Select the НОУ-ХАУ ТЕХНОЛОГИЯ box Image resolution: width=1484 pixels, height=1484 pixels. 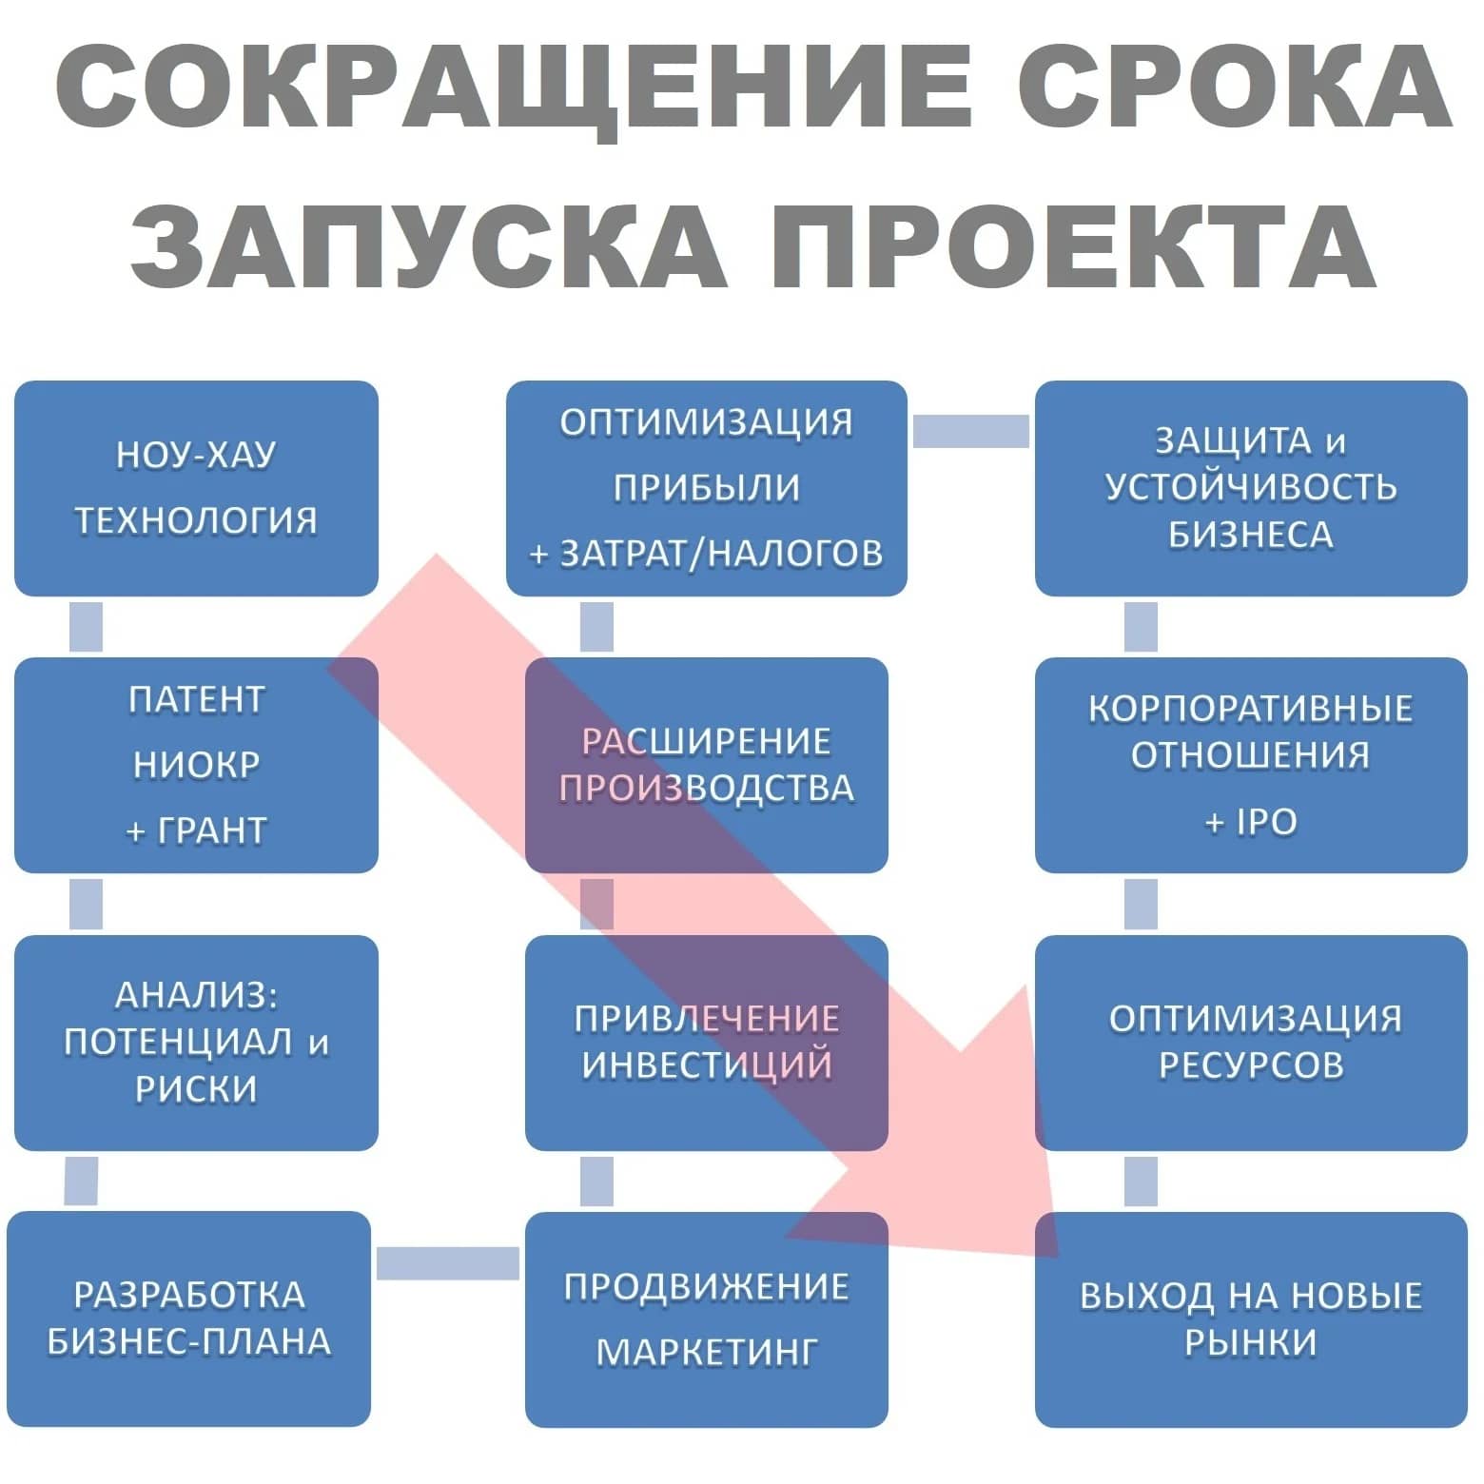coord(196,488)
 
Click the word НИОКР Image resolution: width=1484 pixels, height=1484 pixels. coord(196,765)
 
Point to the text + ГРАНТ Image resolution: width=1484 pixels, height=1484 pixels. coord(196,830)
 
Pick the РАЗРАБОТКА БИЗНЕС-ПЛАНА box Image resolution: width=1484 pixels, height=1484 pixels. coord(188,1318)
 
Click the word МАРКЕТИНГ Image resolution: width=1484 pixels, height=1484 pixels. coord(706,1352)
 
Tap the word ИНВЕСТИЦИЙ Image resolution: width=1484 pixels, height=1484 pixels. coord(706,1064)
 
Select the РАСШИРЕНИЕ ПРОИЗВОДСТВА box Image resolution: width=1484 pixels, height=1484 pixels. coord(706,765)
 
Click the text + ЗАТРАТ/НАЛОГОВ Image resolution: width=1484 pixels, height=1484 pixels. coord(706,553)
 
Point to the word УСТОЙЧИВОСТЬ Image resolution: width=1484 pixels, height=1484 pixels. coord(1250,487)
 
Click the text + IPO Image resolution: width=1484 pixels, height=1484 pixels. coord(1250,822)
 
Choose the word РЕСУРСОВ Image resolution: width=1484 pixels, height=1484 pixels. coord(1250,1064)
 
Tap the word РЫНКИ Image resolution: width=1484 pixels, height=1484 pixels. coord(1250,1342)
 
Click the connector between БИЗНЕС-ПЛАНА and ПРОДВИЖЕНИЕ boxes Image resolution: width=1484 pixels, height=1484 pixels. coord(447,1263)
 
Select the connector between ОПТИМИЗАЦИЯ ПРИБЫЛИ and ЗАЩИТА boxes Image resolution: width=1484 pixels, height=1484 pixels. coord(970,431)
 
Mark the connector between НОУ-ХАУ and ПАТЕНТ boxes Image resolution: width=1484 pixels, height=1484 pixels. coord(86,627)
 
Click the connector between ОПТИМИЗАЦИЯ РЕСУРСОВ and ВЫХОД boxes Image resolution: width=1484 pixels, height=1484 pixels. coord(1141,1181)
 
